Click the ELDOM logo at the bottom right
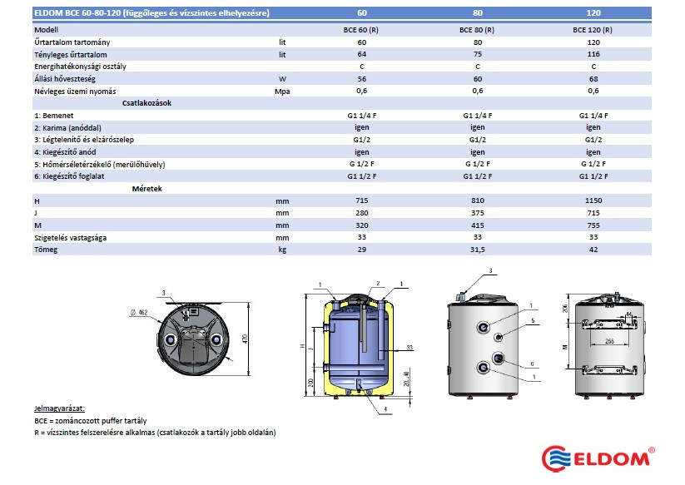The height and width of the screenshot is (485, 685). (x=598, y=458)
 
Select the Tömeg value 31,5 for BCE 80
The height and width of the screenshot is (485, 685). (x=478, y=250)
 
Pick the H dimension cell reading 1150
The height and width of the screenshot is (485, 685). (x=593, y=200)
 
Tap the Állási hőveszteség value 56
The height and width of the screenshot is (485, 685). (x=362, y=79)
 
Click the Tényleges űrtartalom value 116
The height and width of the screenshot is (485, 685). (x=593, y=54)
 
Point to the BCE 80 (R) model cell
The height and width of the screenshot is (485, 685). (x=477, y=30)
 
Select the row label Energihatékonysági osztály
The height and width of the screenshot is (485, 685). (x=81, y=67)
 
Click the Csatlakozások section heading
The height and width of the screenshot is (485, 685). (x=146, y=103)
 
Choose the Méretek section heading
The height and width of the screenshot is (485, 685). (x=146, y=189)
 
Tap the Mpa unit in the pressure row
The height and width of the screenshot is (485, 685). (x=282, y=92)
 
